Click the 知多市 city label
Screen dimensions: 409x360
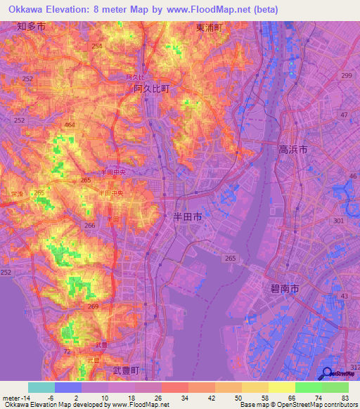coord(31,27)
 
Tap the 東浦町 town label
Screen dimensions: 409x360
coord(209,27)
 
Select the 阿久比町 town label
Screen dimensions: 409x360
coord(152,89)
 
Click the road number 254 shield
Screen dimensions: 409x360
coord(96,46)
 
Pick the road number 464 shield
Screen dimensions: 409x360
coord(70,124)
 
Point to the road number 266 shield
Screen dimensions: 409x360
coord(89,225)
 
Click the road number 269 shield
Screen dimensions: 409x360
coord(94,306)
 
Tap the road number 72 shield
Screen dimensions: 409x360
coord(67,351)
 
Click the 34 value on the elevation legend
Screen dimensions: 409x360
coord(174,399)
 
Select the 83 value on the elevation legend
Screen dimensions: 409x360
coord(335,399)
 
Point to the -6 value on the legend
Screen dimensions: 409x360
coord(40,399)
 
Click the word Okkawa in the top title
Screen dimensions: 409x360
coord(27,10)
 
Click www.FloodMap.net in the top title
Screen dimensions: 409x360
coord(216,10)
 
